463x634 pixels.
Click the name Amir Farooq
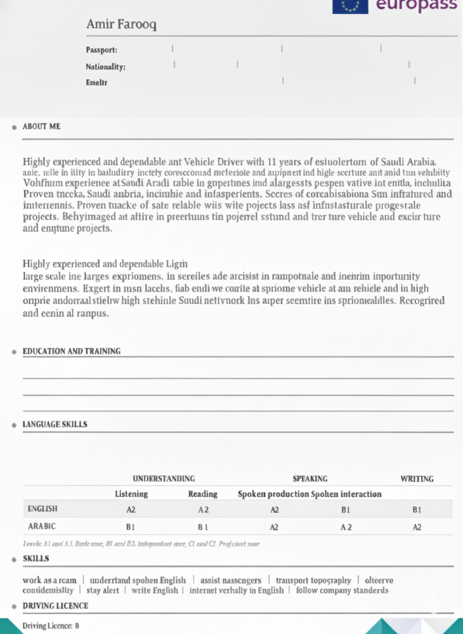[x=121, y=25]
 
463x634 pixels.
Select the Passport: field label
[x=101, y=49]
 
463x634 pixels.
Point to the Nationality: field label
[x=105, y=67]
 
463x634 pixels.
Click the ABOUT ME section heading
[x=41, y=127]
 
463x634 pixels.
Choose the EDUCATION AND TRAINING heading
[x=71, y=351]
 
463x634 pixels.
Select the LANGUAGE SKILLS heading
[x=55, y=424]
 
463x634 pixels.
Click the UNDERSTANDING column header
[x=164, y=479]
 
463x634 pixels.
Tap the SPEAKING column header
[x=310, y=479]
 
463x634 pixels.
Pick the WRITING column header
[x=417, y=479]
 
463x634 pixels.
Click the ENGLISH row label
[x=42, y=508]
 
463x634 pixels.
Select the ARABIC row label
[x=42, y=526]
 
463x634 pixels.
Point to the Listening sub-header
[x=131, y=494]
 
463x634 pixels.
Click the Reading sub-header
[x=203, y=494]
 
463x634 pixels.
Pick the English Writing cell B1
[x=417, y=509]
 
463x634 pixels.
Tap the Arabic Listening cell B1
[x=131, y=527]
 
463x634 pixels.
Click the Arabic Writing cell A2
[x=417, y=527]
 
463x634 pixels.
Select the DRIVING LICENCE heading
[x=55, y=606]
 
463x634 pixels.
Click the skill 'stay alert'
[x=102, y=590]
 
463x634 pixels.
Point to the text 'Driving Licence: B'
[x=51, y=626]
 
